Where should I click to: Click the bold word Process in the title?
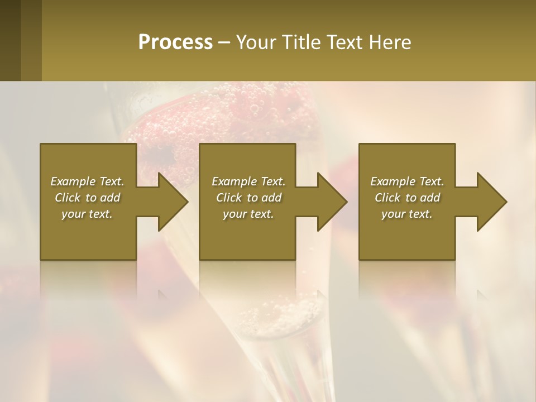[175, 42]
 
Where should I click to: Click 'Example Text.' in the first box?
[87, 181]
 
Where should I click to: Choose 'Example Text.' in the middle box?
[248, 181]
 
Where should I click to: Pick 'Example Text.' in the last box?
[407, 181]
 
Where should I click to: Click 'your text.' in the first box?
[87, 214]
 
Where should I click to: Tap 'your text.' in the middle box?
[248, 214]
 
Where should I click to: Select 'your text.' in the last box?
[407, 214]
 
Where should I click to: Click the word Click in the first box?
[68, 198]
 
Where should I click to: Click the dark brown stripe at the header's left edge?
[10, 40]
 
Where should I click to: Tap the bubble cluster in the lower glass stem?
[279, 313]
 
